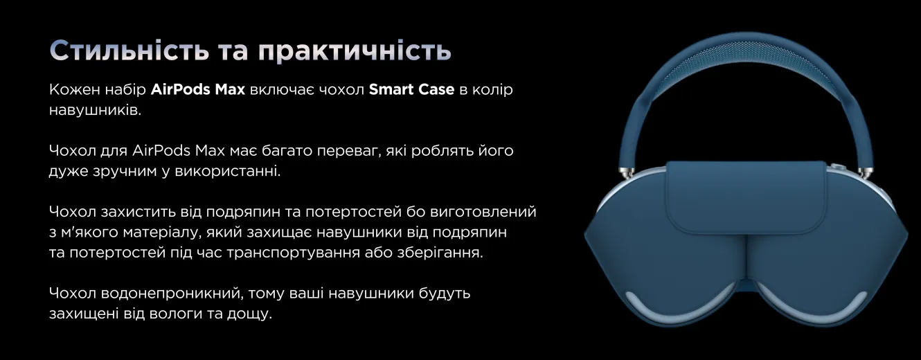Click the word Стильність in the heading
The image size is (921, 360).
[x=129, y=51]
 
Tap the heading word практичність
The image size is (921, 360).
[x=355, y=52]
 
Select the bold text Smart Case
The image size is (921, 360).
[x=411, y=89]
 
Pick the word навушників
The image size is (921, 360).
[x=95, y=109]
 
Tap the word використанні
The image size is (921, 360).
[x=228, y=171]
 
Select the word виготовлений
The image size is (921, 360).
[x=483, y=212]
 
